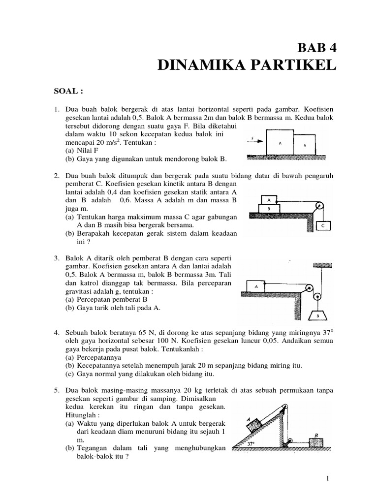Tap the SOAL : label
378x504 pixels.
click(x=68, y=91)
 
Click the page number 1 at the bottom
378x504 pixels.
click(x=328, y=478)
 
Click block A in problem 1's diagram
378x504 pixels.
click(x=280, y=143)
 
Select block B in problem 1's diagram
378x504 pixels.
click(x=305, y=146)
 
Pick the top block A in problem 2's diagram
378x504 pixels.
click(x=269, y=200)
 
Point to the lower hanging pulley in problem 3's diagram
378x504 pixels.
click(x=317, y=297)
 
